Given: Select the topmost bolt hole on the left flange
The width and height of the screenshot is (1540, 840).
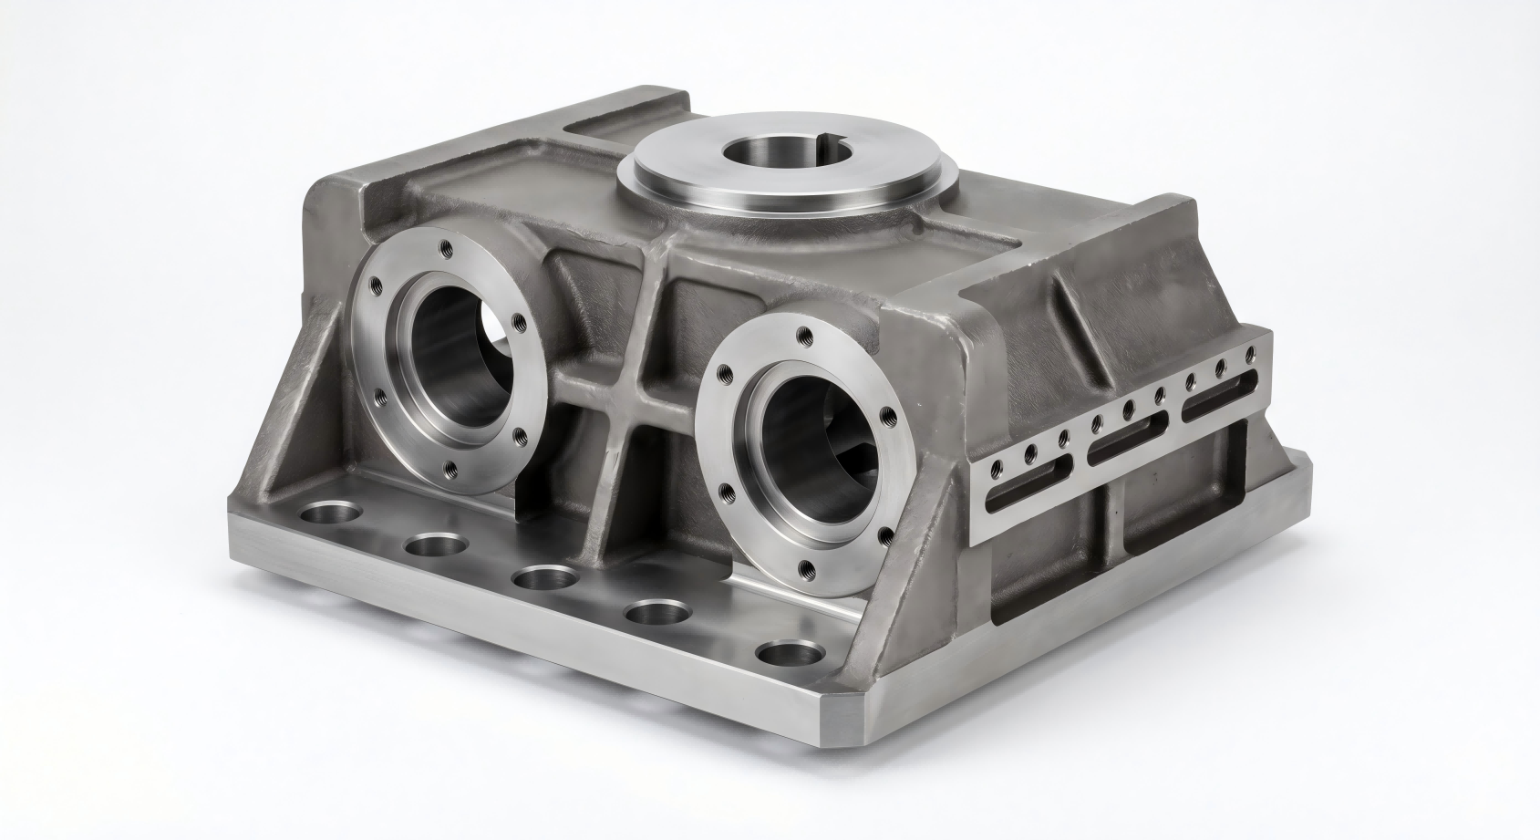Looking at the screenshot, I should (444, 245).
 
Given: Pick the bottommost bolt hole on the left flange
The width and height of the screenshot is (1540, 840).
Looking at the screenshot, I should (449, 471).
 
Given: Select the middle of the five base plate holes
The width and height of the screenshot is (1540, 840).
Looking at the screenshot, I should (545, 578).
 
